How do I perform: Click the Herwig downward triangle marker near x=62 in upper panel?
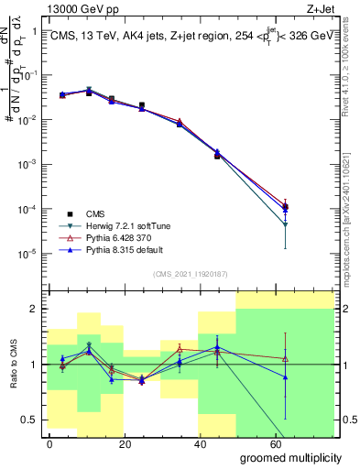point(286,224)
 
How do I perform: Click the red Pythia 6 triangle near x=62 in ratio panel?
point(286,358)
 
